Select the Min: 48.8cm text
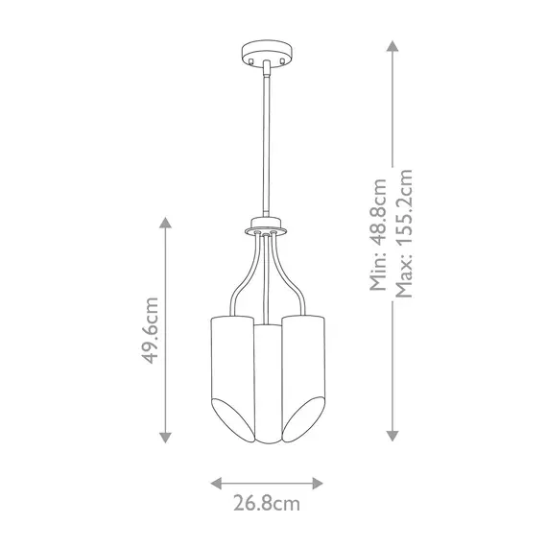pyautogui.click(x=380, y=234)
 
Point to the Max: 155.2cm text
pyautogui.click(x=404, y=234)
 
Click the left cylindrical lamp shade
pyautogui.click(x=228, y=365)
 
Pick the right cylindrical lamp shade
pyautogui.click(x=304, y=365)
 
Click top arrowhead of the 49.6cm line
pyautogui.click(x=165, y=222)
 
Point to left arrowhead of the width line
pyautogui.click(x=216, y=482)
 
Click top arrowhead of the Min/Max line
pyautogui.click(x=392, y=43)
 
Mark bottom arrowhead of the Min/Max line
pyautogui.click(x=392, y=438)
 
